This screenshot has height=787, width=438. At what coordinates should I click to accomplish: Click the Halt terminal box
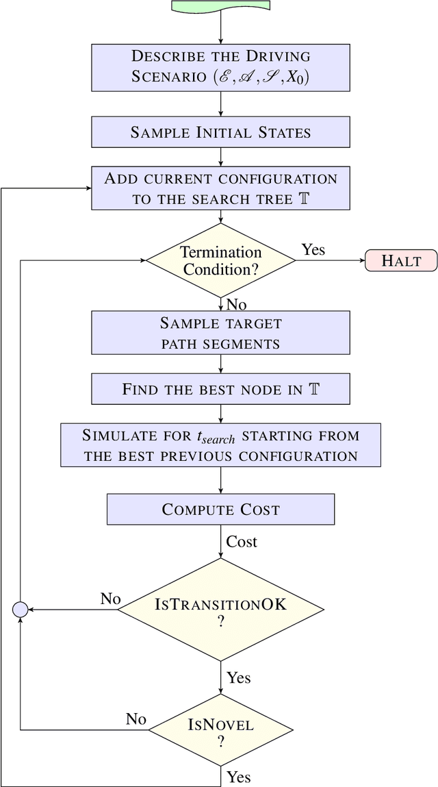click(x=401, y=260)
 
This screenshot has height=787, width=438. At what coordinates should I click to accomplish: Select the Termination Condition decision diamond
click(x=220, y=260)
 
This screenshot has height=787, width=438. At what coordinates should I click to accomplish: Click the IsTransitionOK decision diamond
click(x=220, y=610)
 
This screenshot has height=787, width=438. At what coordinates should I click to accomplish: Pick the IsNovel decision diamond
click(x=220, y=729)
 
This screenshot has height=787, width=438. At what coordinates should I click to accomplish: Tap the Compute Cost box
click(x=220, y=510)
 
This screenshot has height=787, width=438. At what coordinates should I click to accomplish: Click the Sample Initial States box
click(x=220, y=132)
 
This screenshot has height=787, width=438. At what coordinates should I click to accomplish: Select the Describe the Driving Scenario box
click(x=220, y=66)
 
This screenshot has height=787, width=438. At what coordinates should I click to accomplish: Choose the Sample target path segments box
click(x=220, y=332)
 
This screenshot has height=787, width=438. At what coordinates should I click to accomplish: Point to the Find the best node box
click(x=220, y=390)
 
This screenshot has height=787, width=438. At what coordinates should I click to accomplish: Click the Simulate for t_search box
click(x=220, y=445)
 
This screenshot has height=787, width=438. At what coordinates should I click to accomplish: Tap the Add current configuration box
click(x=220, y=189)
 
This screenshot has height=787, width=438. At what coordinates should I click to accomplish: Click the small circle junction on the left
click(x=21, y=610)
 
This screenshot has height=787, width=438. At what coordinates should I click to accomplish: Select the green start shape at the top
click(x=220, y=5)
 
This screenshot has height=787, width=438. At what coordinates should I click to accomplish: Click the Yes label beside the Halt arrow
click(x=313, y=249)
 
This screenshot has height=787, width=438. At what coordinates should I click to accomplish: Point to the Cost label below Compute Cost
click(x=242, y=542)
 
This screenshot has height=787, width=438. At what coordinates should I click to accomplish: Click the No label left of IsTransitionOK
click(x=110, y=599)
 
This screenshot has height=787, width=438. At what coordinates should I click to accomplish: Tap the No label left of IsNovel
click(x=136, y=719)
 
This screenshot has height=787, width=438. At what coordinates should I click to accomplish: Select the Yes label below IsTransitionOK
click(x=239, y=677)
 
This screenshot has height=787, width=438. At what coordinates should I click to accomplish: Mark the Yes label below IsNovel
click(x=239, y=777)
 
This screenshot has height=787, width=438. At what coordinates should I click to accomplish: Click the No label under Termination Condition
click(x=236, y=303)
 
